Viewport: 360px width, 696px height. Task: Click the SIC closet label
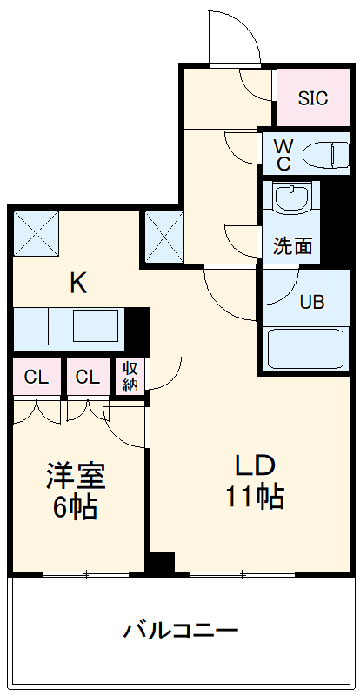pos(313,98)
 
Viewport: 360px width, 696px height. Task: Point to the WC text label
pos(283,153)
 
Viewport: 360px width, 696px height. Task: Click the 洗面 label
pos(292,246)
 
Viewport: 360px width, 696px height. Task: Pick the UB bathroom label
pos(311,302)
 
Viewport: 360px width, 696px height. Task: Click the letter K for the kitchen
pos(78,282)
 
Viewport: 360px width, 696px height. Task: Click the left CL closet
pos(36,377)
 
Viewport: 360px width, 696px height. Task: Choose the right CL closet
pos(86,377)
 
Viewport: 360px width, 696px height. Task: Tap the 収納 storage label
pos(130,376)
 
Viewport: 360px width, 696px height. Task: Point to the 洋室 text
pos(76,478)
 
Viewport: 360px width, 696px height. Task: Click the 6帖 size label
pos(76,507)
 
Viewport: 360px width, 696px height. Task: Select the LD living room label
pos(254,464)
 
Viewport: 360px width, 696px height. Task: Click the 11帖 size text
pos(254,496)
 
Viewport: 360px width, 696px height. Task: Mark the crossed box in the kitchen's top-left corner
pos(36,234)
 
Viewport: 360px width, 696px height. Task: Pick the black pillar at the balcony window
pos(160,563)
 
